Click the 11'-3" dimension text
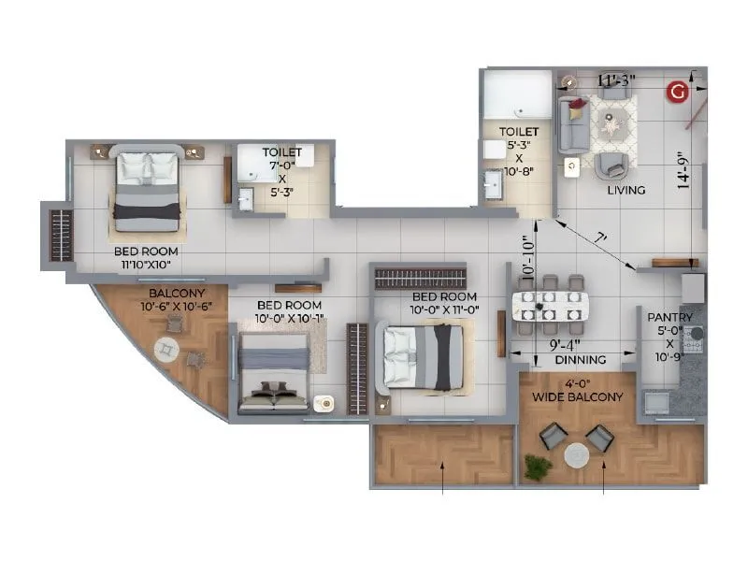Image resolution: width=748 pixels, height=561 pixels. pyautogui.click(x=616, y=80)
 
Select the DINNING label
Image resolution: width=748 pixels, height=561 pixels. pyautogui.click(x=581, y=360)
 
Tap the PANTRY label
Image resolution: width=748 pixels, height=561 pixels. pyautogui.click(x=673, y=318)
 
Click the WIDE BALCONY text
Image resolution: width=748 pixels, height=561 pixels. pyautogui.click(x=577, y=397)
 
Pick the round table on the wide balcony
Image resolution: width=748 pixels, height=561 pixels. pyautogui.click(x=577, y=455)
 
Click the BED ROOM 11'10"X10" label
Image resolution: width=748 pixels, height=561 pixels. pyautogui.click(x=146, y=257)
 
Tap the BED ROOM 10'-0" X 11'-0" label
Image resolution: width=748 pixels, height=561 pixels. pyautogui.click(x=444, y=303)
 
